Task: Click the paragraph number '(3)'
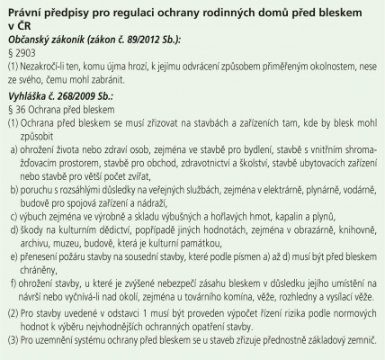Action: pos(13,342)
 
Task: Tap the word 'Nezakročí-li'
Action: pos(45,67)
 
